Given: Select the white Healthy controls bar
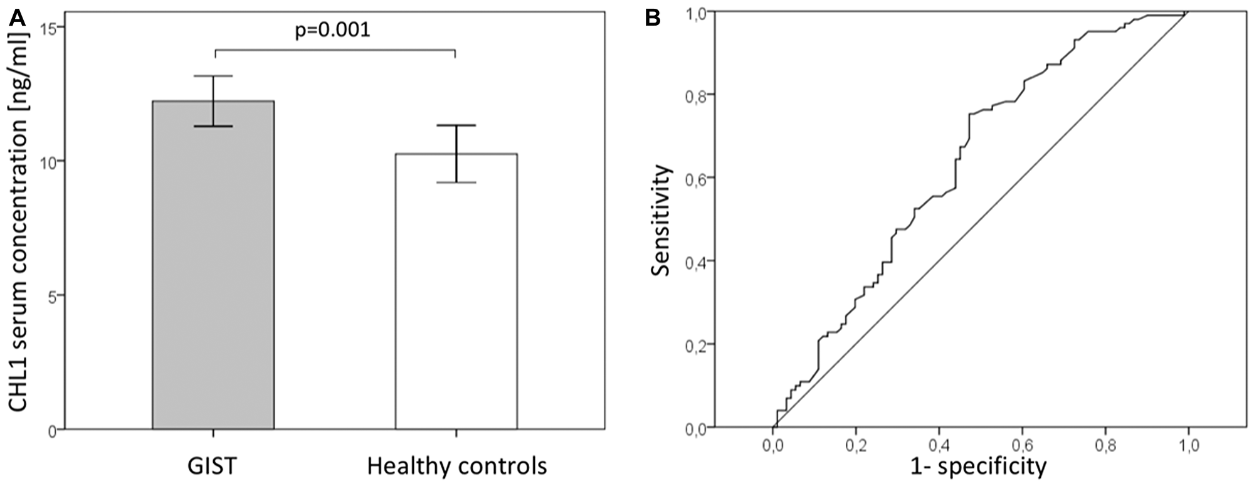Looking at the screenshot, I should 456,301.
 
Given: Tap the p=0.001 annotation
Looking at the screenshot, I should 332,31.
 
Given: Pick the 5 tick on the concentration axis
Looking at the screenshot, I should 53,295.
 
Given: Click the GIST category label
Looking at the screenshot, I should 213,467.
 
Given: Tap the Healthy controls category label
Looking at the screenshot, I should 456,467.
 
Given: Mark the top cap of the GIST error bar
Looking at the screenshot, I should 213,76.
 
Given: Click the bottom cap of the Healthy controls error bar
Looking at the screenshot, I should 456,182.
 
